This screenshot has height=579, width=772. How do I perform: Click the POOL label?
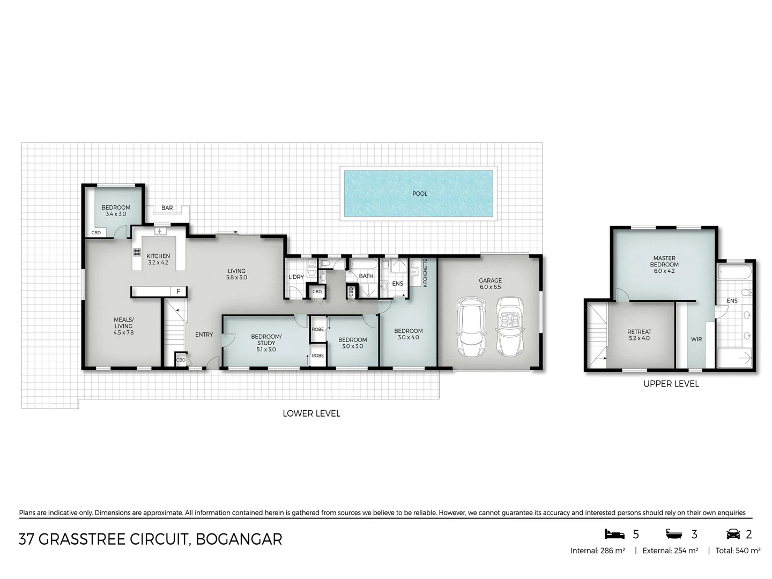[x=420, y=194]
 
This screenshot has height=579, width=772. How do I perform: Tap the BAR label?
[x=167, y=208]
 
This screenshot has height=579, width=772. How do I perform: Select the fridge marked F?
[x=179, y=291]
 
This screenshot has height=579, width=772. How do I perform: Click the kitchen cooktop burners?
[x=137, y=252]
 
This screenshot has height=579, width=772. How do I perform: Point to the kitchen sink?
[x=160, y=231]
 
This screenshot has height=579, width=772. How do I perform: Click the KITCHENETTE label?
[x=425, y=273]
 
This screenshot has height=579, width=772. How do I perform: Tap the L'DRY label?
[x=296, y=277]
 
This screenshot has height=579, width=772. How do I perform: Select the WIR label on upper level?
[x=696, y=339]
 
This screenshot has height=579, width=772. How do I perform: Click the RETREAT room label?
[x=640, y=331]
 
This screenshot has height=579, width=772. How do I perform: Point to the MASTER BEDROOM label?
[x=664, y=261]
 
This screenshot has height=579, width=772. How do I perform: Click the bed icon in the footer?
[x=614, y=534]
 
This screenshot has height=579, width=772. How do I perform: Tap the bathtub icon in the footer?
[x=674, y=535]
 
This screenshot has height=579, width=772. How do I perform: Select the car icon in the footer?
[x=733, y=534]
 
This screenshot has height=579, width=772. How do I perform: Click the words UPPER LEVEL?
[x=671, y=384]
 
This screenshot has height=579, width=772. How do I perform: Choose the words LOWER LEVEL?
[x=311, y=413]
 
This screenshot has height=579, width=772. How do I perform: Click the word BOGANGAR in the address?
[x=239, y=539]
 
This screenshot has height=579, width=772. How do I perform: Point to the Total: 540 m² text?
[x=738, y=551]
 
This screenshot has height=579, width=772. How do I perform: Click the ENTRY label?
[x=204, y=335]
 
